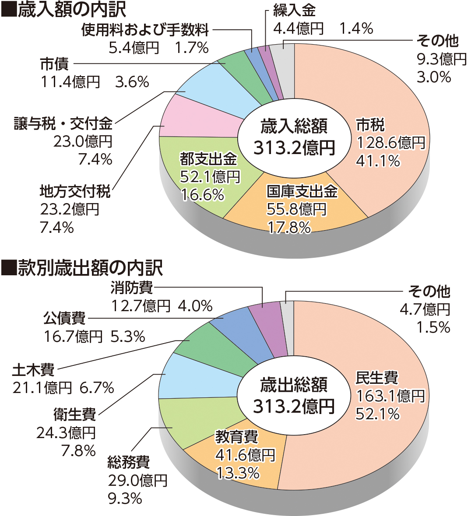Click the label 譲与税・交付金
[63, 124]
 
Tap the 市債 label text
[54, 64]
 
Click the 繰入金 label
[294, 10]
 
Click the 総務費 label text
[129, 462]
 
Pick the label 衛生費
[74, 414]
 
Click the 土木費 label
[33, 369]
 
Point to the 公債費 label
[64, 318]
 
